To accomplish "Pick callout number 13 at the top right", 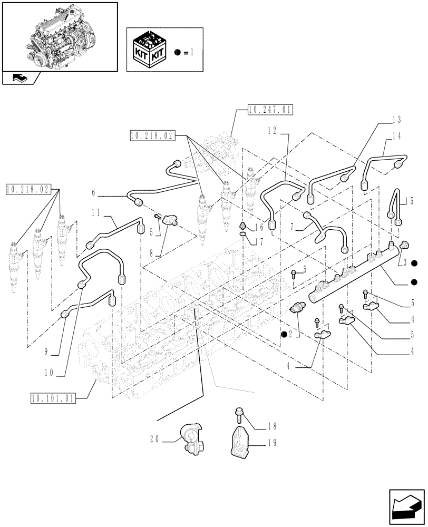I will point(396,119).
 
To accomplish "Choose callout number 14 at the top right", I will point(396,135).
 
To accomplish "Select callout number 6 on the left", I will point(94,193).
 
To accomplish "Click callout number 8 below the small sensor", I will point(153,253).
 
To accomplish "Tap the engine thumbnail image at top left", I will point(59,35).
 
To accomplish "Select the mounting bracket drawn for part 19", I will point(240,441).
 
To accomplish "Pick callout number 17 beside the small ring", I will point(258,243).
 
